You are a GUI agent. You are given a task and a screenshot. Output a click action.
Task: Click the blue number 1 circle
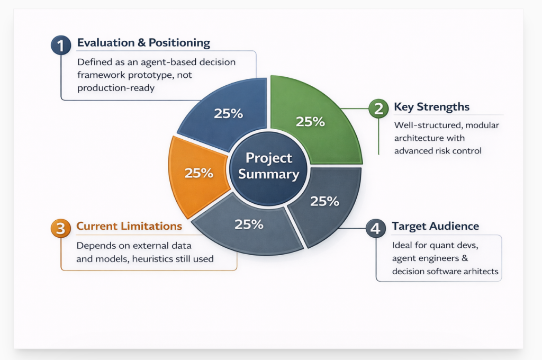61,45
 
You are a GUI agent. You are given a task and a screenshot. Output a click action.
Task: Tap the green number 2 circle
378,109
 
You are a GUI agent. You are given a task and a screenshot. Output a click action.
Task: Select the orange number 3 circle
60,228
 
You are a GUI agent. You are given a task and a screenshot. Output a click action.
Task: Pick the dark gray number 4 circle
376,228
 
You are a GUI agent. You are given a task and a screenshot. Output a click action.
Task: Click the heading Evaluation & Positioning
143,42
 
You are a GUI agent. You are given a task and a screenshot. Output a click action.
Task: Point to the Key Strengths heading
431,107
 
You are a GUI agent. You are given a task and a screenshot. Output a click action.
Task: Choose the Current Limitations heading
129,226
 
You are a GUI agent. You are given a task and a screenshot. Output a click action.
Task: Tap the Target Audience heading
435,226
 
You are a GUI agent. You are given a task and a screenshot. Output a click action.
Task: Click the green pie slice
311,118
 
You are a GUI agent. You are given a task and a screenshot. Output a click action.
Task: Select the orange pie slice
197,175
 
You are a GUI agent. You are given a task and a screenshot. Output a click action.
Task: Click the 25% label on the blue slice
228,113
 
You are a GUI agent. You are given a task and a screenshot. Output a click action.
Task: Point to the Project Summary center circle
268,167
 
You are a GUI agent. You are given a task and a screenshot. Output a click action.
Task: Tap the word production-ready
116,88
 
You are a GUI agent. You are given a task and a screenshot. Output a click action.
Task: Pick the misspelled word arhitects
481,271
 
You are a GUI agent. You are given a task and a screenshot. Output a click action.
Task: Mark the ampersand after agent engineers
465,258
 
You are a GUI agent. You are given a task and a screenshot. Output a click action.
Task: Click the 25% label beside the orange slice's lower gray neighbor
249,224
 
